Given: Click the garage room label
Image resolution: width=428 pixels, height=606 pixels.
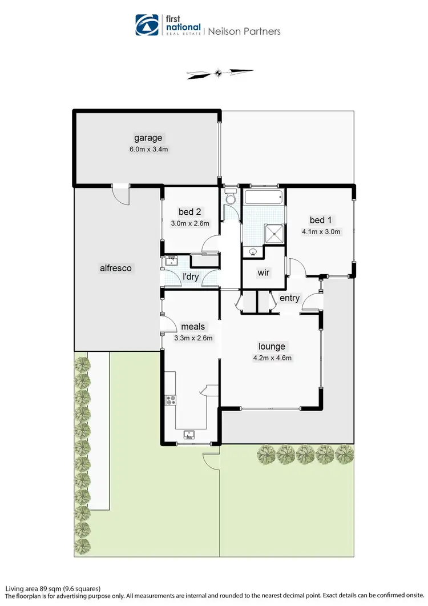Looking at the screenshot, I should pyautogui.click(x=148, y=138).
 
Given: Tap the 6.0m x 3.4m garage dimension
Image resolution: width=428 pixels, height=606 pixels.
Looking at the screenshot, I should pyautogui.click(x=148, y=149).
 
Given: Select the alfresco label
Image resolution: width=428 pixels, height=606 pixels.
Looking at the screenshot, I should pyautogui.click(x=116, y=267).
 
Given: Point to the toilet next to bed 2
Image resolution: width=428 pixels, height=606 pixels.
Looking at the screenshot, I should pyautogui.click(x=231, y=197).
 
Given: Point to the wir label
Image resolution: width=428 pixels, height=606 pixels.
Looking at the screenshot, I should pyautogui.click(x=263, y=272).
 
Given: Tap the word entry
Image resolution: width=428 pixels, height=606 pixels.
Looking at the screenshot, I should pyautogui.click(x=289, y=298).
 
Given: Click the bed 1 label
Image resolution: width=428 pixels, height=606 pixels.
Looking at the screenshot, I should pyautogui.click(x=321, y=220).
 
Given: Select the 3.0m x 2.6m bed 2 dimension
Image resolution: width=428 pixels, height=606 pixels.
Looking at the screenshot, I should pyautogui.click(x=190, y=223).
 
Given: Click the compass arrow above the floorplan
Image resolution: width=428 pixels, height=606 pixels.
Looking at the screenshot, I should pyautogui.click(x=219, y=73).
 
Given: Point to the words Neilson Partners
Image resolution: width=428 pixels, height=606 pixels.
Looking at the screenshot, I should pyautogui.click(x=244, y=31).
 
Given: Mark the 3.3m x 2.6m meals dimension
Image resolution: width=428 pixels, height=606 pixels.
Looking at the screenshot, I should pyautogui.click(x=193, y=338).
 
